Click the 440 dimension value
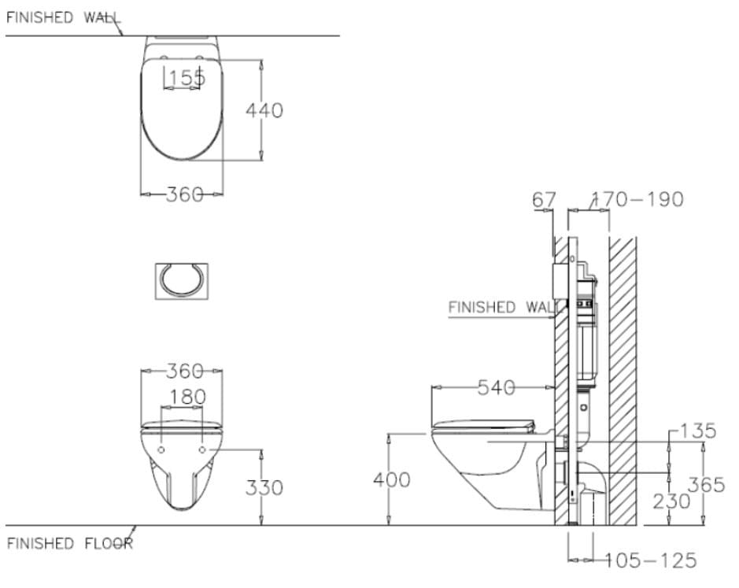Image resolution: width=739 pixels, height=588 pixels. coord(264,111)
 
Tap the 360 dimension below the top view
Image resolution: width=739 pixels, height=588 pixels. coord(185,194)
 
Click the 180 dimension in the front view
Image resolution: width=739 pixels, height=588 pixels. coord(187,398)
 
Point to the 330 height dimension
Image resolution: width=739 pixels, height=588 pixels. coord(264,488)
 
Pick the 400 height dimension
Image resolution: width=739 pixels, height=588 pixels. coord(391,479)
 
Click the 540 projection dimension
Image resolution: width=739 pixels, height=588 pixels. coord(497,387)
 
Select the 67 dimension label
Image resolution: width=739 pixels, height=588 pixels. coord(544,200)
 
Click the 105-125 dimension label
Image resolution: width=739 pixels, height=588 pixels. coord(650,560)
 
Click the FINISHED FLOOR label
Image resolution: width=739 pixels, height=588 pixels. coord(69,544)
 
